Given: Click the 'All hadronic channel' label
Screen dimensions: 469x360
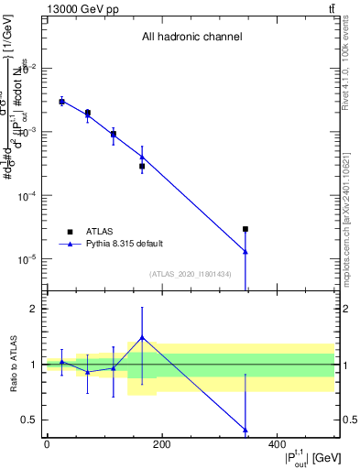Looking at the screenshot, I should point(191,38).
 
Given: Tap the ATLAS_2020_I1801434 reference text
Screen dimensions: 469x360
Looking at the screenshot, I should point(191,274).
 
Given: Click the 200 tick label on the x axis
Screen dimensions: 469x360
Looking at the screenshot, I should point(161,444).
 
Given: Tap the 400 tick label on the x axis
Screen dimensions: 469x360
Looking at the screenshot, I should point(277,444).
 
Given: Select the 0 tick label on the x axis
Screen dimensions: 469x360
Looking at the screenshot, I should point(47,444).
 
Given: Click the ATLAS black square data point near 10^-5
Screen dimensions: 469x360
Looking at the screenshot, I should point(245,229).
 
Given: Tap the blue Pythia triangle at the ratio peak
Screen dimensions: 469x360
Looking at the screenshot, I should point(142,337).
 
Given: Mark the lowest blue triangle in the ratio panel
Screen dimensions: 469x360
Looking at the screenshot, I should point(245,430).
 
